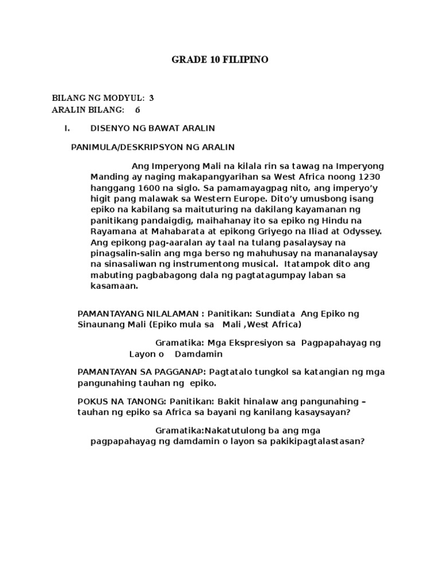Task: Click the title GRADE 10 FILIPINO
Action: pos(220,60)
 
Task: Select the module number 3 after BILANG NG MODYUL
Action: pos(151,98)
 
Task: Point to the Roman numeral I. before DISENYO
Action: pos(67,128)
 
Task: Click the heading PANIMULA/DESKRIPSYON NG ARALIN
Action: pos(152,147)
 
